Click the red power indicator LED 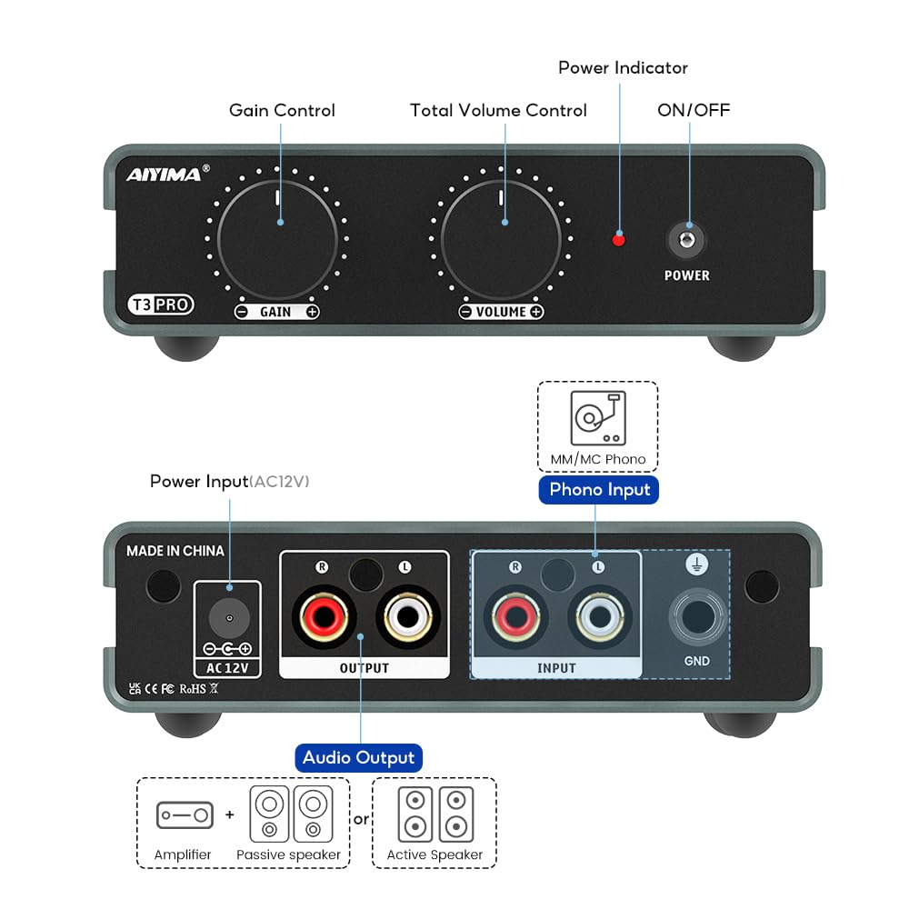(619, 239)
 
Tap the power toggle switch (687, 239)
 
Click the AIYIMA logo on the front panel (165, 174)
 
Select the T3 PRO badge (160, 305)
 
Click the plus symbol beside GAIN (312, 312)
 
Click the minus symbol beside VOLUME (465, 312)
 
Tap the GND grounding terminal (697, 618)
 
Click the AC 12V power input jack (228, 619)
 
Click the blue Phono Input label (599, 489)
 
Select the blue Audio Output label (358, 757)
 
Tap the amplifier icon (185, 815)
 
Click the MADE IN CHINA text (175, 551)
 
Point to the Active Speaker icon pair (435, 814)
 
